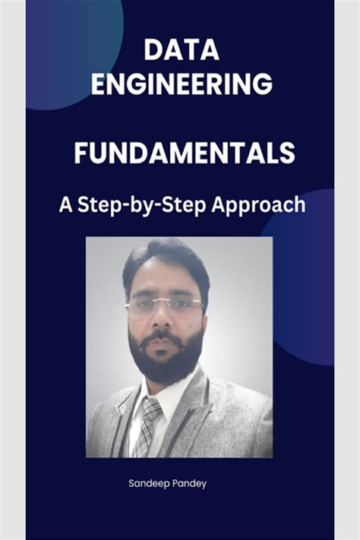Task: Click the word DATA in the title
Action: tap(182, 51)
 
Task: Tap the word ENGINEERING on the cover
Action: tap(182, 83)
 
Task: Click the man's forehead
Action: tap(163, 281)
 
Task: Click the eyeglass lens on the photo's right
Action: tap(183, 305)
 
